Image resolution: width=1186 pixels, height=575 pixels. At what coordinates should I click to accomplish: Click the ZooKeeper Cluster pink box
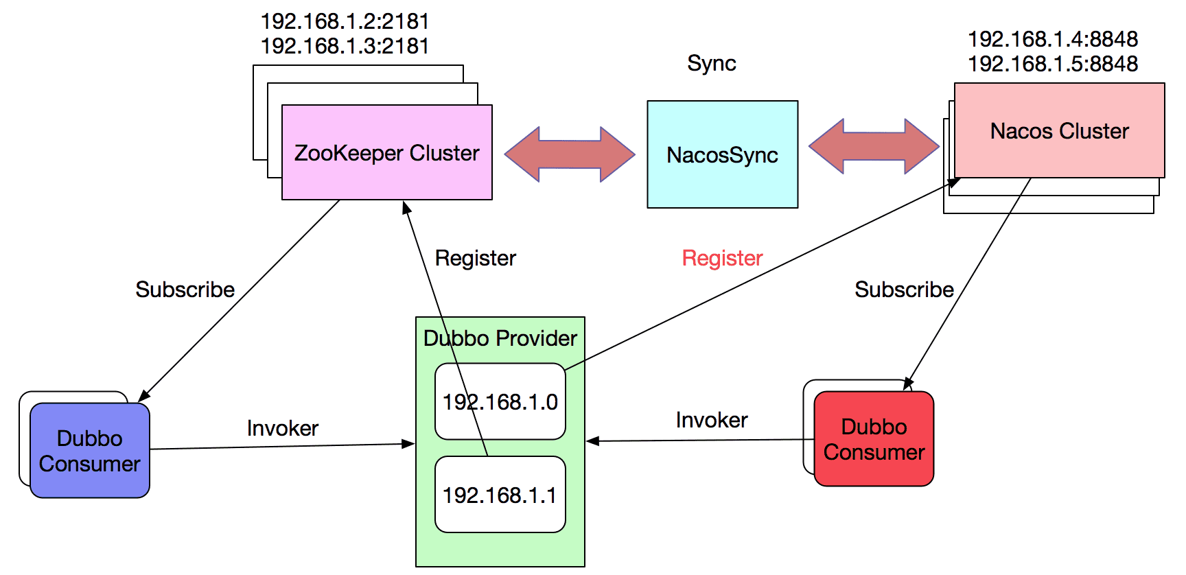(x=386, y=152)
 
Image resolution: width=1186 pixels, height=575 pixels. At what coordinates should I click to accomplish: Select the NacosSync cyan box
(x=722, y=155)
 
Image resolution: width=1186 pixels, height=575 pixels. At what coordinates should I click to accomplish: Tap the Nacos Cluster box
(x=1059, y=131)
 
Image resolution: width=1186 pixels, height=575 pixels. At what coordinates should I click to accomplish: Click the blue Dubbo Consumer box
(x=90, y=451)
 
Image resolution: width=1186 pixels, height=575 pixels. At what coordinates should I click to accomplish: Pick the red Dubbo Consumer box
(x=874, y=439)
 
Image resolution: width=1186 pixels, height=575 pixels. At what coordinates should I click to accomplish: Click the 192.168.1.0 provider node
(x=500, y=402)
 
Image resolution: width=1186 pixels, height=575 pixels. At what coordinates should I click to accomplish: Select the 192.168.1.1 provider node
(x=500, y=495)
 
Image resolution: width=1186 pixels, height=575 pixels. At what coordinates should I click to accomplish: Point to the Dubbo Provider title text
(x=500, y=338)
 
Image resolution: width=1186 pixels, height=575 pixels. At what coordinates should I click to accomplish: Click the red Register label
(x=722, y=258)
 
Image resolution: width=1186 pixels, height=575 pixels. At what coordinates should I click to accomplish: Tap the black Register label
(x=475, y=258)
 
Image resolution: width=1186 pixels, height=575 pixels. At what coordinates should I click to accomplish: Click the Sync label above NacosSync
(x=711, y=64)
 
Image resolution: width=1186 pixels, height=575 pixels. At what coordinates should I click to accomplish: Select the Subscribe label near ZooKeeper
(x=185, y=290)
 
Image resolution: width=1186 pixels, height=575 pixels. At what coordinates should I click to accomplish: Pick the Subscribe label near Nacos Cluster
(x=904, y=290)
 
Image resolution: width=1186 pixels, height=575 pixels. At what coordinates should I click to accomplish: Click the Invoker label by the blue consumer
(x=282, y=428)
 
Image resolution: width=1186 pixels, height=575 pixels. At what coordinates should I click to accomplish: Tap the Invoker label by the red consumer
(x=711, y=420)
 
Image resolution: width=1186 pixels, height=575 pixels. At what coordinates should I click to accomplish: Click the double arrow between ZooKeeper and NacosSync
(x=570, y=154)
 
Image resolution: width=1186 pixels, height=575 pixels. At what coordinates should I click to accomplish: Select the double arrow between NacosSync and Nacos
(x=874, y=146)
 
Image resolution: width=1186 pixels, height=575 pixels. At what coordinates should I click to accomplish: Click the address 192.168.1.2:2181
(x=345, y=21)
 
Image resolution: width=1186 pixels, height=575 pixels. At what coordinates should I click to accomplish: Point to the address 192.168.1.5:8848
(x=1053, y=64)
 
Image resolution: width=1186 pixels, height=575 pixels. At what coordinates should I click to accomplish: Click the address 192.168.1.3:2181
(x=345, y=46)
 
